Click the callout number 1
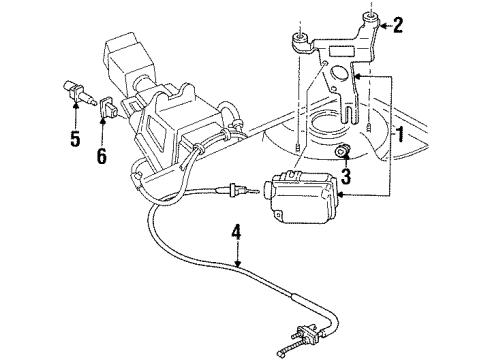400,134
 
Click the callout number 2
398,25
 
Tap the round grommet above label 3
343,151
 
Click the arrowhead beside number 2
384,24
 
